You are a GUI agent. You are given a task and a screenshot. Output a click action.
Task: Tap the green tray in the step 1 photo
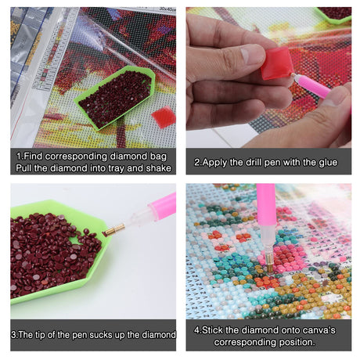coord(115,98)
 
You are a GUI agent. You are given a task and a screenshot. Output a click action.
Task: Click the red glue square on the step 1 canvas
coord(164,117)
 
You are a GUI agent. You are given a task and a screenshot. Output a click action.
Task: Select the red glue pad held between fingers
coord(277,63)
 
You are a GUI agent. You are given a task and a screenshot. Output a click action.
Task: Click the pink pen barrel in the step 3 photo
coord(162,206)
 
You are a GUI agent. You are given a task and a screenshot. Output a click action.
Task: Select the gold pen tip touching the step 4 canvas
coord(268,263)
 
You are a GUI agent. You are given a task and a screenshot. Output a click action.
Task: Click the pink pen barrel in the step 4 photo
coord(266,205)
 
